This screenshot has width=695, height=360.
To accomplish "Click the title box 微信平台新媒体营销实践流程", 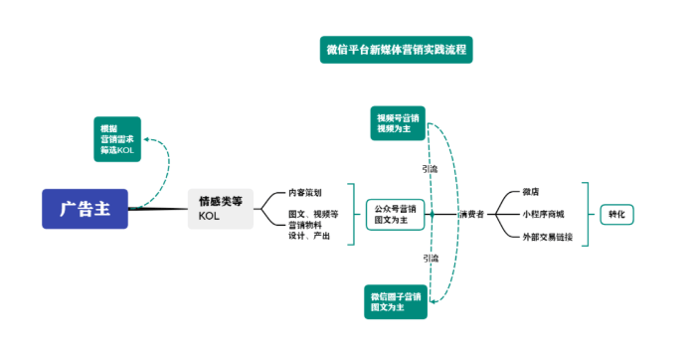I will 396,49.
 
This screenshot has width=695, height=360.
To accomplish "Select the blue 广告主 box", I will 86,209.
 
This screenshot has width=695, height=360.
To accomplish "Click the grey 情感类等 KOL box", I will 221,209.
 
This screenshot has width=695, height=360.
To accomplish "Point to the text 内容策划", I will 305,191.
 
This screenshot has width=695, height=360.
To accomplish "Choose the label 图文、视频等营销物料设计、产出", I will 313,225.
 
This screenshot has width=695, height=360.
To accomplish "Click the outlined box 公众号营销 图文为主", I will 396,214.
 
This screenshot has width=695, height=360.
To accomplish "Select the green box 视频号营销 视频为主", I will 398,122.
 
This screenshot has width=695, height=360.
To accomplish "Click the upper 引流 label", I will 430,169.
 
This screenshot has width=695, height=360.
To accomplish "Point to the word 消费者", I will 470,214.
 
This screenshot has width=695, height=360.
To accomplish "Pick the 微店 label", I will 532,191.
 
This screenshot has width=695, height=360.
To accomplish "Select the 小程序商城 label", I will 543,214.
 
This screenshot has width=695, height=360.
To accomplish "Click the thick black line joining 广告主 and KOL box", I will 159,209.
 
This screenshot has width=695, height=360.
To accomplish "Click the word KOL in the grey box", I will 209,217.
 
